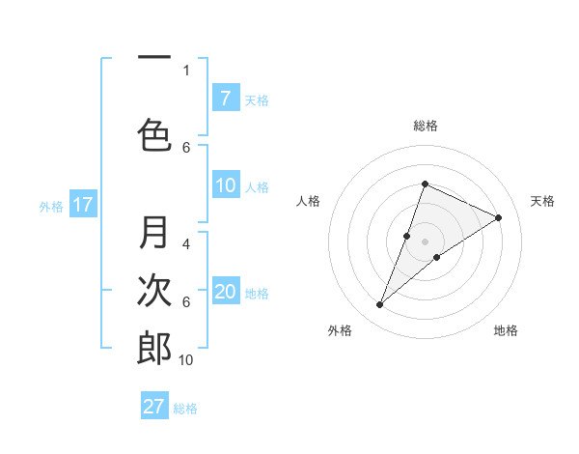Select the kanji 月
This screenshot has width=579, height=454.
coord(155,233)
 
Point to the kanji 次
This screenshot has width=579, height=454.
coord(155,290)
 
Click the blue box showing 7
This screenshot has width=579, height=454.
coord(225,98)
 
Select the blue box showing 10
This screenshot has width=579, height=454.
coord(225,185)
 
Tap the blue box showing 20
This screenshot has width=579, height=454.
coord(225,292)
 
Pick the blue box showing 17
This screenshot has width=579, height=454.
coord(82,205)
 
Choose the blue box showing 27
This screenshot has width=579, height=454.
coord(154,406)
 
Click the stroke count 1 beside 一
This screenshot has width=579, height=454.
coord(186,70)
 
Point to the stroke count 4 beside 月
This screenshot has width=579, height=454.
coord(186,244)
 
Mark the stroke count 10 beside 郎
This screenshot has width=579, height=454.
coord(186,359)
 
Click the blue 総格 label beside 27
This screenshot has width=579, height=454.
coord(185,409)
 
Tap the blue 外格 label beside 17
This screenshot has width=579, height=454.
coord(51,207)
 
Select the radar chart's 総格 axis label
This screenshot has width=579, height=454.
coord(425,126)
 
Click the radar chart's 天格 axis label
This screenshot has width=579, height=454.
coord(542,201)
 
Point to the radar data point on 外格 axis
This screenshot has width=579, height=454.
coord(379,305)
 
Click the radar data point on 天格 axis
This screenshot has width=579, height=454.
coord(499,217)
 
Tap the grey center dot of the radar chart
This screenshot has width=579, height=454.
coord(425,241)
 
